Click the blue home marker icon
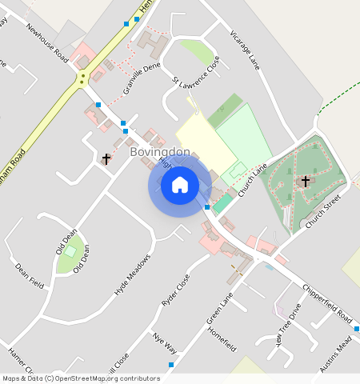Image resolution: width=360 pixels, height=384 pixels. pos(180,185)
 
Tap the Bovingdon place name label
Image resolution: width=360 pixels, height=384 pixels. pos(160,151)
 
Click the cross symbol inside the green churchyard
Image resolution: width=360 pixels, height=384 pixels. pos(304,182)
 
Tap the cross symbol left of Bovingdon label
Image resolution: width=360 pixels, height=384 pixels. pos(106,158)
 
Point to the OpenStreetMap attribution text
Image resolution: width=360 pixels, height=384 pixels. pos(81,378)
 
